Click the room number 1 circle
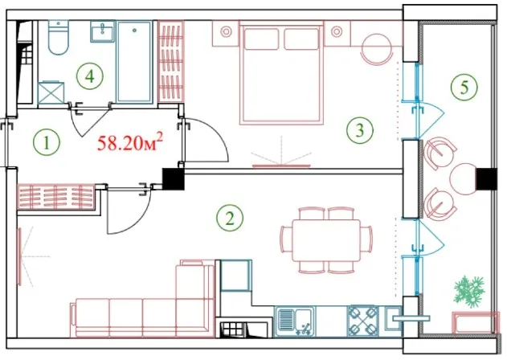click(x=47, y=142)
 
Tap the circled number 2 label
click(x=230, y=219)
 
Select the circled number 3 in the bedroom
click(x=359, y=130)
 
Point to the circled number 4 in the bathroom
click(x=90, y=76)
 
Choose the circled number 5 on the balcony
click(x=464, y=87)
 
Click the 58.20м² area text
click(x=130, y=143)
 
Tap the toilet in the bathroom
click(x=59, y=37)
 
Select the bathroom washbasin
click(x=103, y=31)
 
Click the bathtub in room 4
click(x=134, y=61)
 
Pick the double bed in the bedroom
click(x=281, y=72)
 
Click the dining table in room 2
click(x=326, y=240)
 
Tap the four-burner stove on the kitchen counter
click(x=363, y=321)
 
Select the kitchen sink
click(x=295, y=321)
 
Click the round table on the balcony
click(x=464, y=179)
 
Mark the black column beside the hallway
click(x=173, y=179)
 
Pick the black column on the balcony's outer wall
click(x=487, y=179)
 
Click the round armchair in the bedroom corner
click(x=377, y=50)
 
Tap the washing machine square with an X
click(x=51, y=93)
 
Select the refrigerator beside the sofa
click(x=236, y=276)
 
